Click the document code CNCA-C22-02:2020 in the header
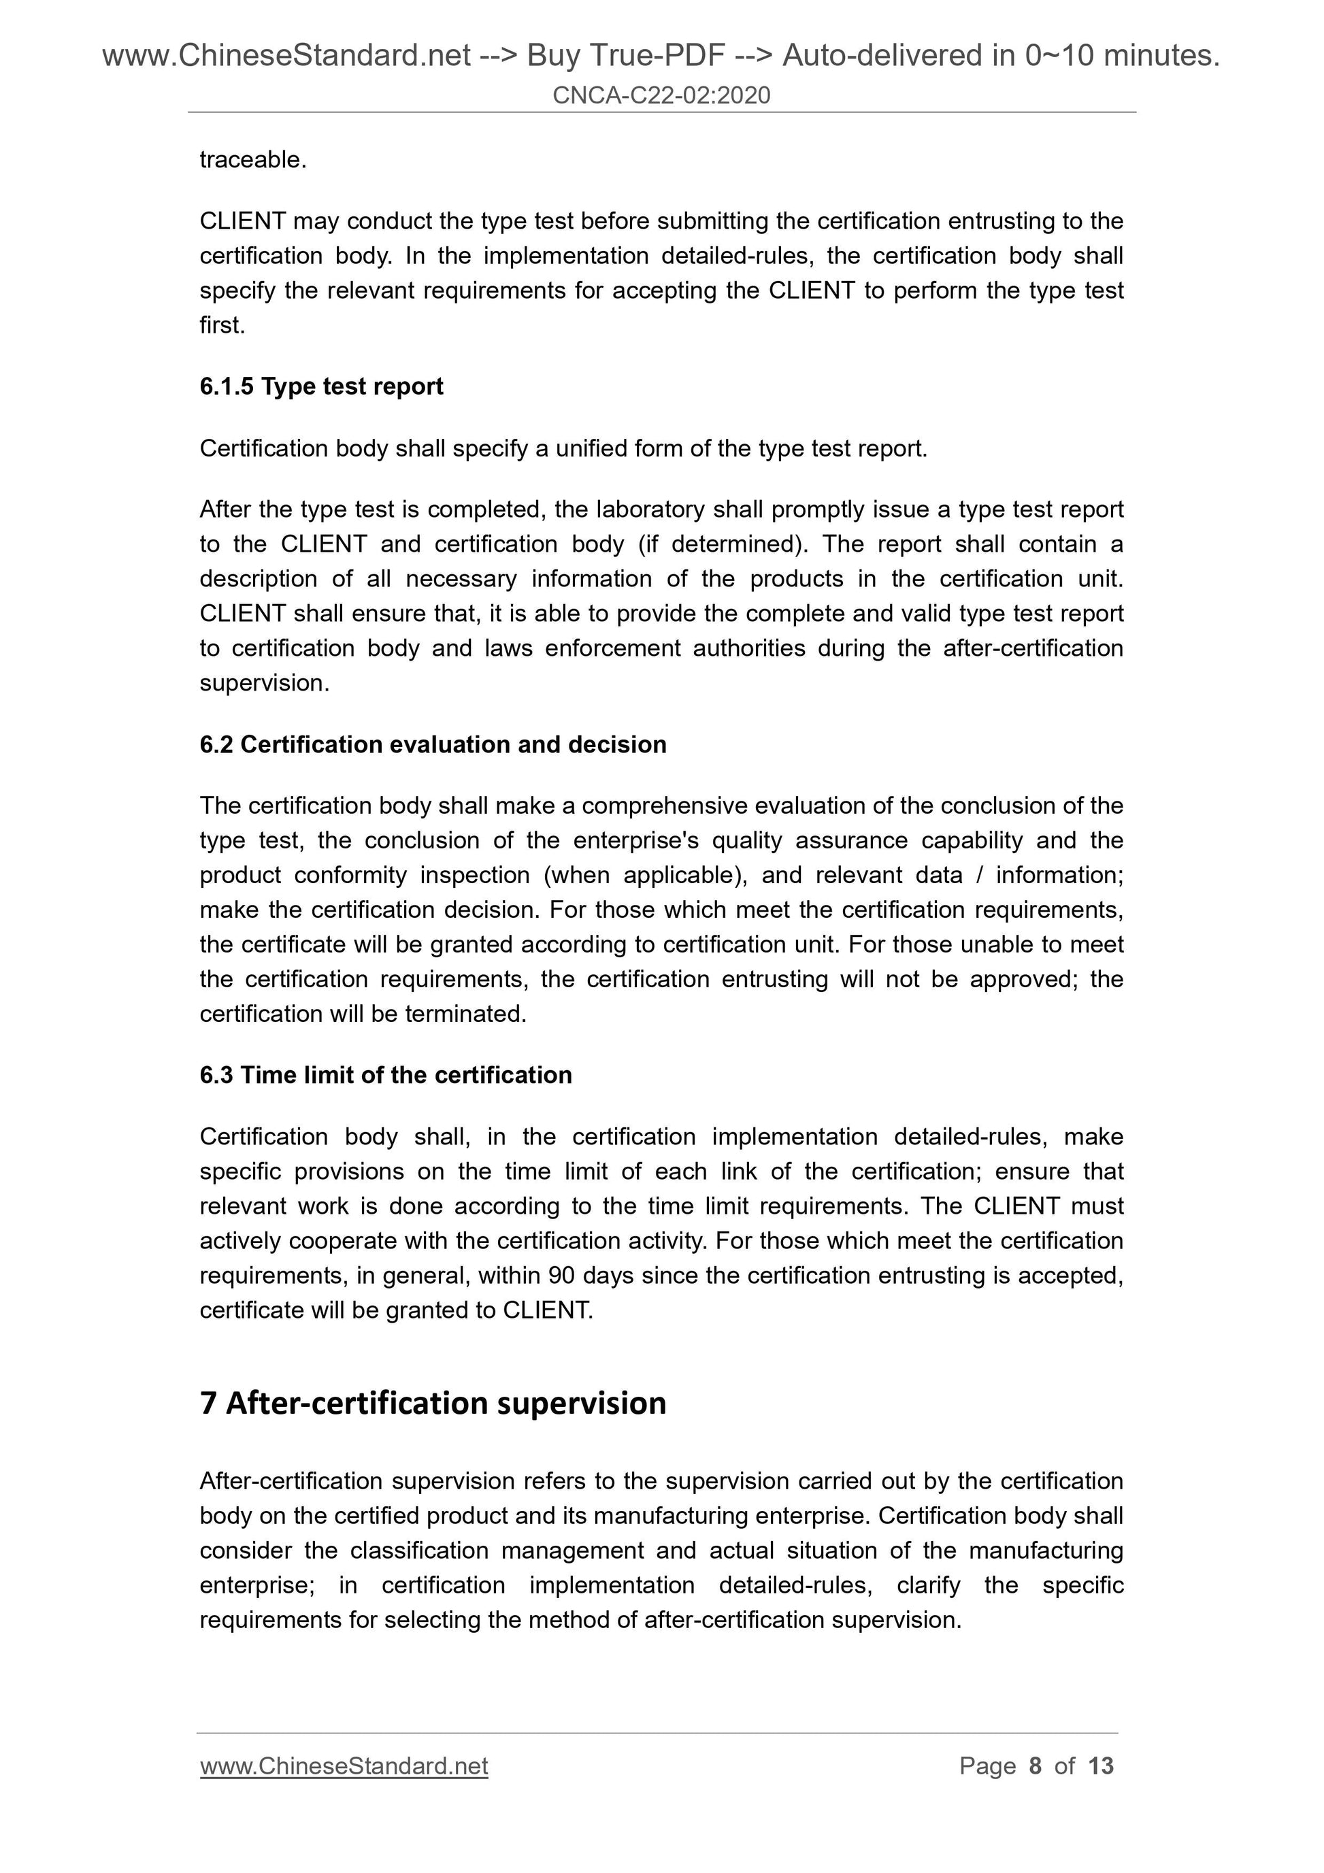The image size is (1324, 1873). pos(661,95)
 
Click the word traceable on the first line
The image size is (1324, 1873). pos(251,160)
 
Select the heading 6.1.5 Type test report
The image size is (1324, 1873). pos(321,386)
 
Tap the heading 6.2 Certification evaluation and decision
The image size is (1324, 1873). pos(432,744)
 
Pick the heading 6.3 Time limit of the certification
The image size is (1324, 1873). pos(385,1074)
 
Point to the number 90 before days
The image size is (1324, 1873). pos(561,1275)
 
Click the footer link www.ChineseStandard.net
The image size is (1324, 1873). pos(344,1766)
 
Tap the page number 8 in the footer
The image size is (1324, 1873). pos(1036,1766)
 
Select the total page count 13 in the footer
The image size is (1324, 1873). pos(1100,1766)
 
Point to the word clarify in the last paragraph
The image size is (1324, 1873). pos(928,1585)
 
